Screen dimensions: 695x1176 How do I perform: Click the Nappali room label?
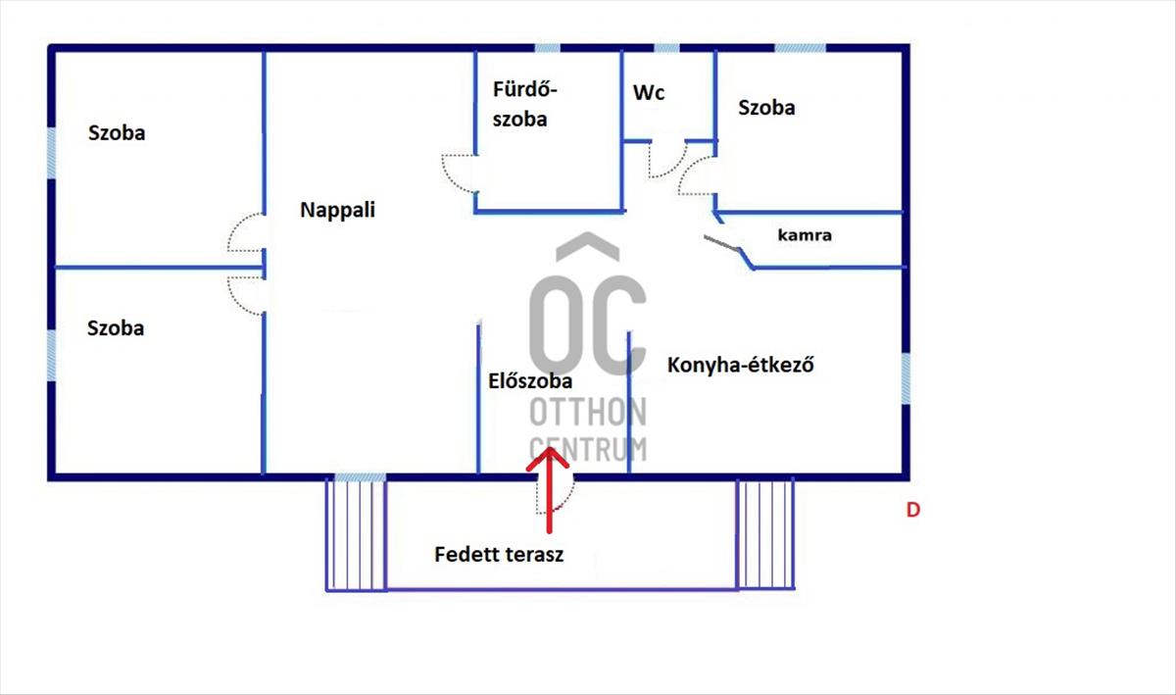tap(337, 210)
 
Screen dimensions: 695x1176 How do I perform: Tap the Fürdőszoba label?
tap(524, 105)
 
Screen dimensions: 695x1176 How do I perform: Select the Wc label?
tap(649, 93)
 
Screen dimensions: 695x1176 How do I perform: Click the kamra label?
tap(805, 235)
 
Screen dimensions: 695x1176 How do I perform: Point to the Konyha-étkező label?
tap(742, 366)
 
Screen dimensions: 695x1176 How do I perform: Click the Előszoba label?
tap(529, 381)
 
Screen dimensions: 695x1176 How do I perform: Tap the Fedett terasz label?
tap(499, 555)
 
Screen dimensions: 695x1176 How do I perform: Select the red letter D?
tap(912, 510)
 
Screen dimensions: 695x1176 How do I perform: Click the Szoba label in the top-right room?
tap(766, 108)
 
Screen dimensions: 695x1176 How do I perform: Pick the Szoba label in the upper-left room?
tap(117, 132)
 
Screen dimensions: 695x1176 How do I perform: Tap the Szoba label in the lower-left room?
tap(116, 328)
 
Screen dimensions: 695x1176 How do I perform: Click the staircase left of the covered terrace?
tap(356, 534)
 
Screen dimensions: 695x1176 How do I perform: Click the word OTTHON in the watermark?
tap(588, 413)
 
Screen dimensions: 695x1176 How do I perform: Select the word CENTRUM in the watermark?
tap(588, 448)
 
